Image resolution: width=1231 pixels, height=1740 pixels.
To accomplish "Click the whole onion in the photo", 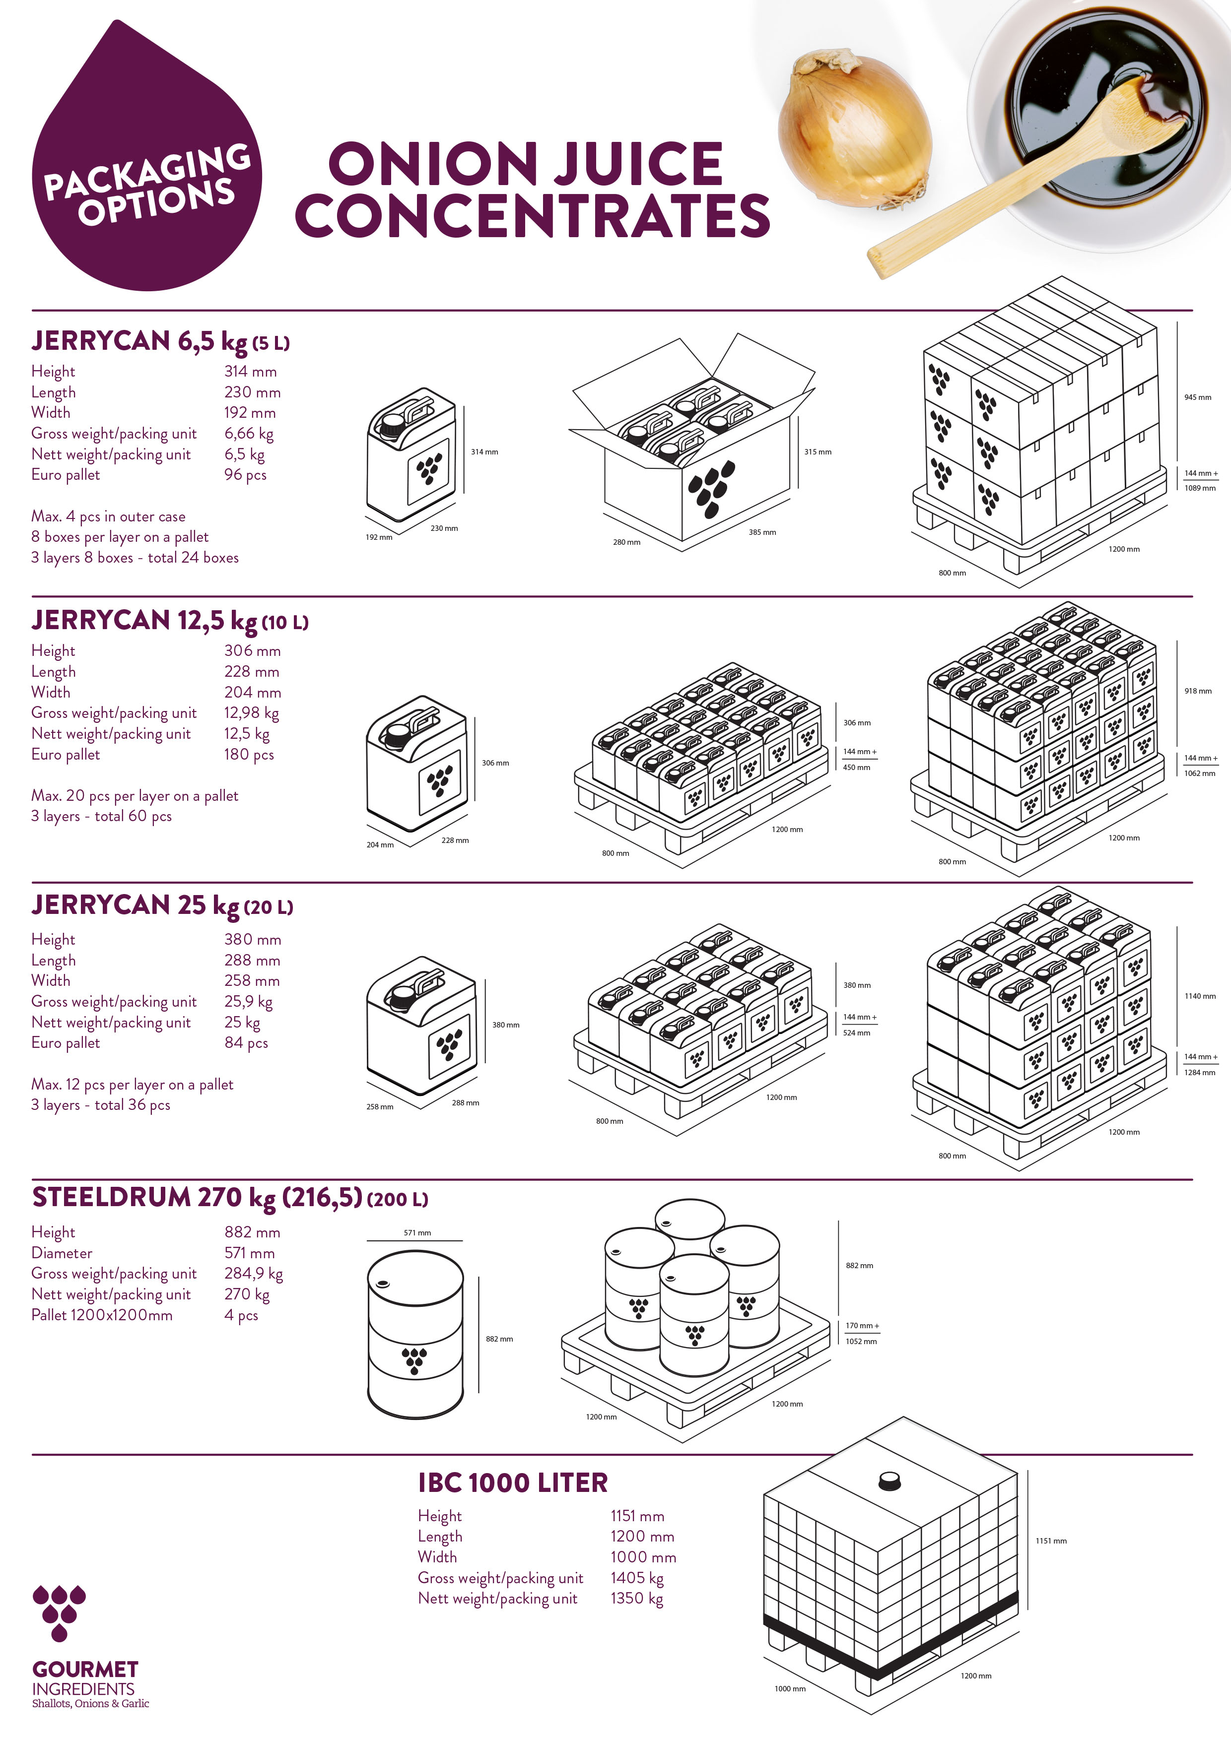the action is tap(855, 128).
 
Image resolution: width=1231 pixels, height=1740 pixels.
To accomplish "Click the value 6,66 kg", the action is tap(249, 434).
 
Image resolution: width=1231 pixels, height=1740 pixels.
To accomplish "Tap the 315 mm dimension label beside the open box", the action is tap(818, 451).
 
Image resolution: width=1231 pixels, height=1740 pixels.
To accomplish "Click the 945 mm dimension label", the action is tap(1198, 397).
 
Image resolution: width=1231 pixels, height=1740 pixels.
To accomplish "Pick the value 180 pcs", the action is tap(249, 754).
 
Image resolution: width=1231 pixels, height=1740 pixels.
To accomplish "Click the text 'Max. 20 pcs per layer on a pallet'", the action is tap(135, 796).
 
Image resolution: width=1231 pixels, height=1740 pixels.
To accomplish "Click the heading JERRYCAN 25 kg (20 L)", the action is tap(162, 905).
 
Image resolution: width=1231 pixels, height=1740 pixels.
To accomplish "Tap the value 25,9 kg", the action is tap(249, 1002).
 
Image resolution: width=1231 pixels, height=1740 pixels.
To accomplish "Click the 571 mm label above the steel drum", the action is tap(417, 1232).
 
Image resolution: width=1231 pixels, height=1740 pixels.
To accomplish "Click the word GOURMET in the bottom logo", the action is tap(85, 1670).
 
